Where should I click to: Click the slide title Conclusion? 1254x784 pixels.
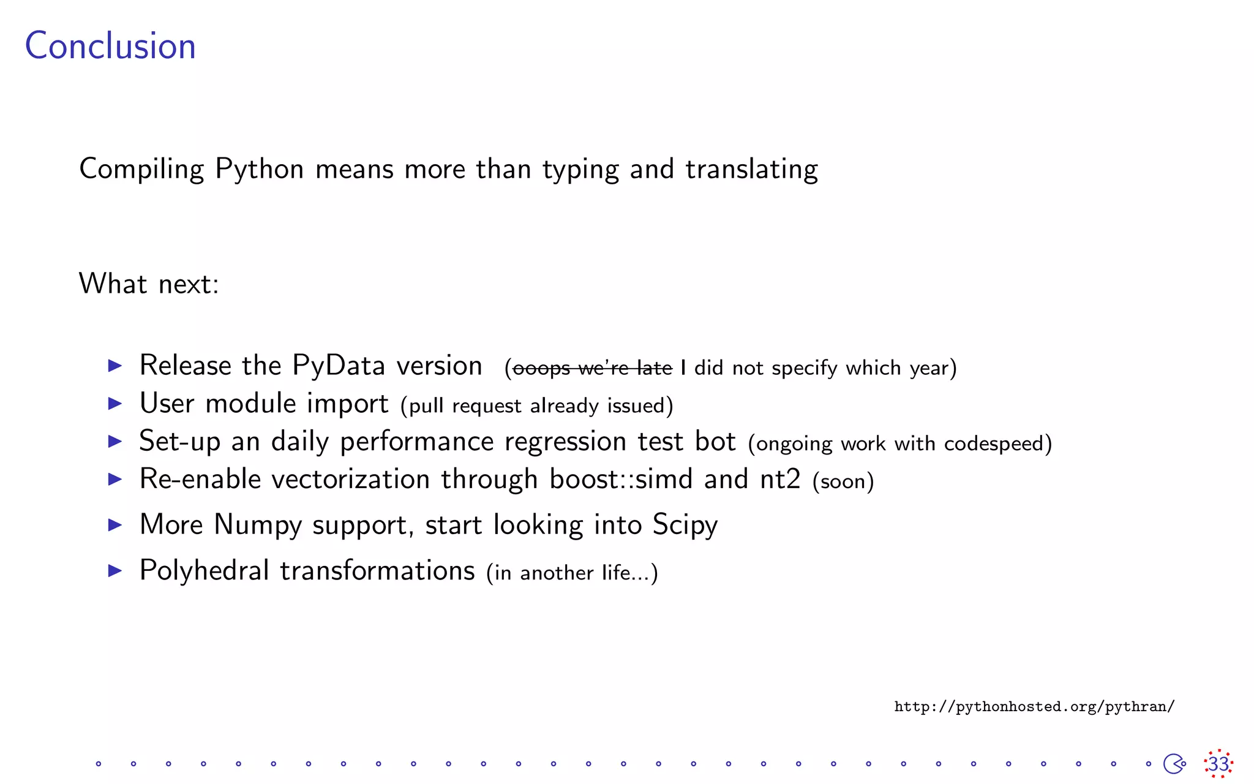(110, 46)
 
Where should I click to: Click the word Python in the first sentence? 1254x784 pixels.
(259, 170)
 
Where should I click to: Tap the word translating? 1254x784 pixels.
(751, 170)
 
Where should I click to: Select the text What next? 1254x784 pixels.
(149, 284)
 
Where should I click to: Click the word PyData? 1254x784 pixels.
(339, 366)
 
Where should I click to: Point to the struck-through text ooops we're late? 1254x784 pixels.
(592, 368)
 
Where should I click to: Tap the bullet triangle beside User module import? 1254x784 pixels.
(115, 404)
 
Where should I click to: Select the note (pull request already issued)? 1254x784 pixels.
(537, 406)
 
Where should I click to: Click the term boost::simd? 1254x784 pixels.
(621, 480)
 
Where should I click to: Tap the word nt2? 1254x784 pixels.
(780, 480)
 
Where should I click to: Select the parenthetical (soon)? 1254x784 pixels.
(843, 481)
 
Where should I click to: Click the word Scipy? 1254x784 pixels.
(685, 526)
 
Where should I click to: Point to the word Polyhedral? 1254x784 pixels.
(204, 571)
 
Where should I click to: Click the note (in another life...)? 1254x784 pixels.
(572, 573)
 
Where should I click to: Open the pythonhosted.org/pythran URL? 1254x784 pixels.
(1034, 707)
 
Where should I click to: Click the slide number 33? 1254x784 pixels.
(1218, 764)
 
